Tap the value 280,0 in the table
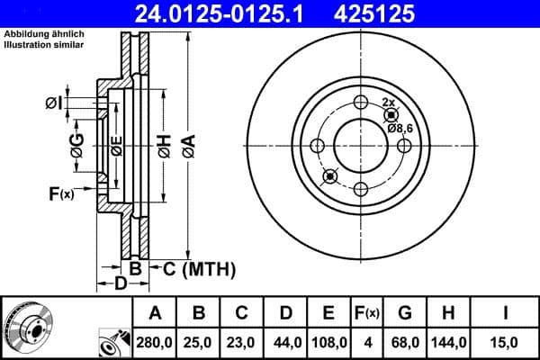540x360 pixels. tap(155, 341)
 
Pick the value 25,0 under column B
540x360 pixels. tap(199, 341)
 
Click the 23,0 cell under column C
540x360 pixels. tap(241, 341)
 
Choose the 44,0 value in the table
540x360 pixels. tap(284, 341)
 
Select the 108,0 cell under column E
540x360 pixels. tap(328, 341)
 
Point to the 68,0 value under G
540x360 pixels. tap(405, 341)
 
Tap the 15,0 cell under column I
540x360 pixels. tap(507, 341)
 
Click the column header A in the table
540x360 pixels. tap(155, 313)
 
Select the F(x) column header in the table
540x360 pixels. tap(367, 313)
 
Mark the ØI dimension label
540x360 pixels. tap(54, 103)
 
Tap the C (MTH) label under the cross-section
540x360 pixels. tap(199, 268)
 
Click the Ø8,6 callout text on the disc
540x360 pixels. tap(401, 129)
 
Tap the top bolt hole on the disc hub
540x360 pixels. tap(361, 102)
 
